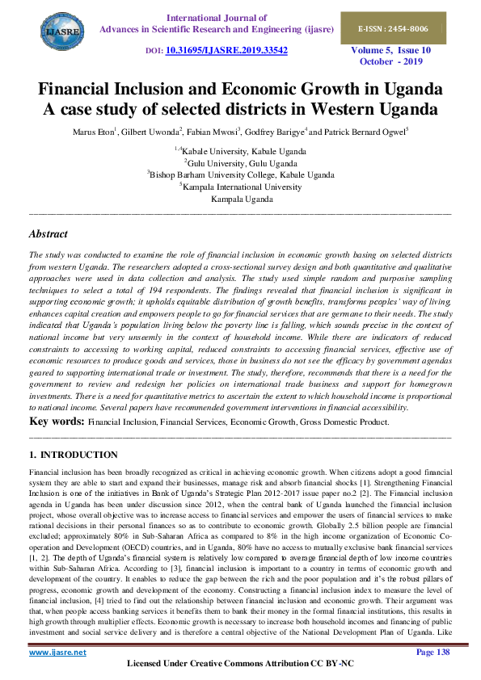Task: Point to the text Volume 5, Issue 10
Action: [402, 50]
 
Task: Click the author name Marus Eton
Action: [92, 131]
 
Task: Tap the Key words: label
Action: [57, 422]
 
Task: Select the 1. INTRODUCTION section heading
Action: [73, 455]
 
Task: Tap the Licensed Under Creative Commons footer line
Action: [240, 664]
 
